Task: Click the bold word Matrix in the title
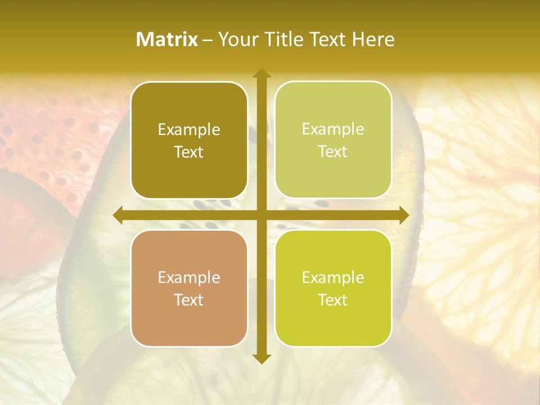click(167, 39)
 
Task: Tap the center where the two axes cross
click(261, 215)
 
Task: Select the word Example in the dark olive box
click(189, 130)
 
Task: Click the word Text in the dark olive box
click(189, 152)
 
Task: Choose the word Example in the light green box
click(333, 129)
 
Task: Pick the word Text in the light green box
click(333, 151)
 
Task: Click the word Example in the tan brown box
click(189, 278)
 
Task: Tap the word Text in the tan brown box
click(189, 300)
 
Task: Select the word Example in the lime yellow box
click(333, 277)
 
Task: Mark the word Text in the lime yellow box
click(333, 300)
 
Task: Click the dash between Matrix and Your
click(208, 40)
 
